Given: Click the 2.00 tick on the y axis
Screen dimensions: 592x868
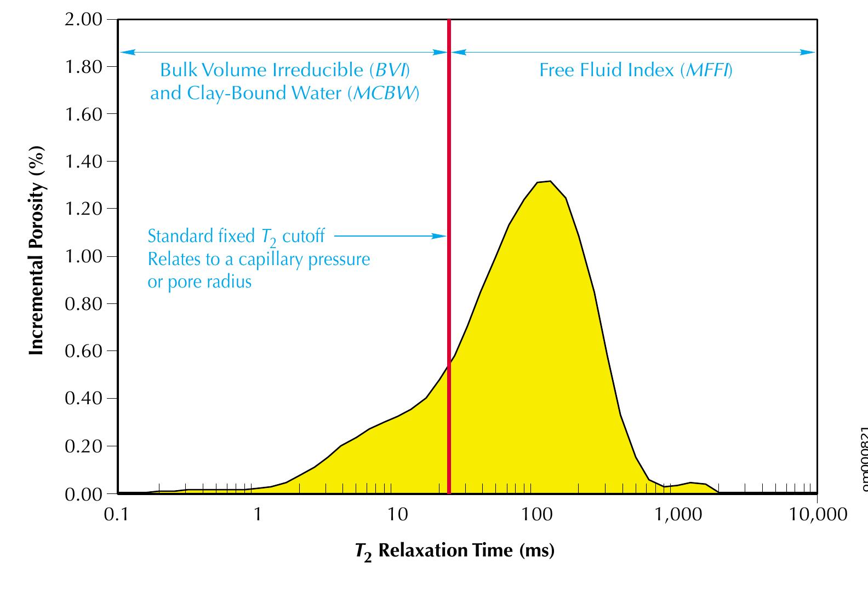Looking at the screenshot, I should [83, 20].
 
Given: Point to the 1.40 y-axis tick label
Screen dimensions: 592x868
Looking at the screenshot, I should [83, 162].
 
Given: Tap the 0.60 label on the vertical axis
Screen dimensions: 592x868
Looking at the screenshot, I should [83, 350].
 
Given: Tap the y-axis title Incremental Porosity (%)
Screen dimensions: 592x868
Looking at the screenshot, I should [36, 250].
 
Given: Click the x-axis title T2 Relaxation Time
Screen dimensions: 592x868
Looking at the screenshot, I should [454, 550].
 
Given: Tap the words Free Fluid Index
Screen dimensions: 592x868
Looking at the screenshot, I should [607, 71].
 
